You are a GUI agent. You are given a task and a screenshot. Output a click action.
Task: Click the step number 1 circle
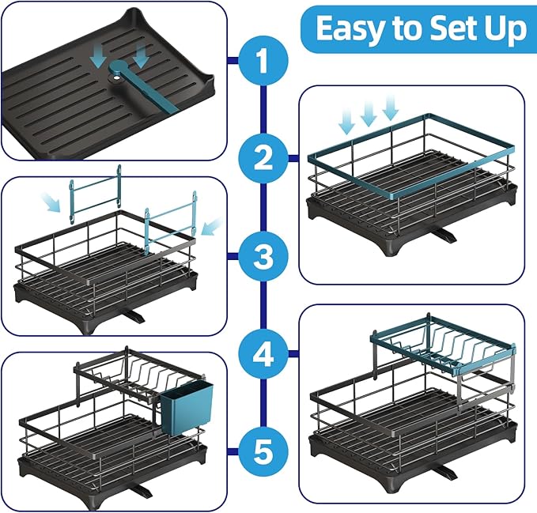pos(263,61)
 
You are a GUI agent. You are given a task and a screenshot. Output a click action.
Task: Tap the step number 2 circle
pos(263,158)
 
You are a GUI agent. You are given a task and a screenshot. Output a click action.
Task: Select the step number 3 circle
pos(263,257)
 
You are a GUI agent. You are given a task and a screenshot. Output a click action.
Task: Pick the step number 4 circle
pos(263,354)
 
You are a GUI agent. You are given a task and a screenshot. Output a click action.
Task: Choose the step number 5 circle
pos(263,451)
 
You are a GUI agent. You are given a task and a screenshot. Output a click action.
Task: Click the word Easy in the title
pos(352,29)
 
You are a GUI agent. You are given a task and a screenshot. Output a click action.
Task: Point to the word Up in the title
pos(508,31)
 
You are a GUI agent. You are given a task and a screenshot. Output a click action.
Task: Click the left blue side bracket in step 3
pos(95,194)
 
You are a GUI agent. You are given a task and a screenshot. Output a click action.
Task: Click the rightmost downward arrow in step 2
pos(391,108)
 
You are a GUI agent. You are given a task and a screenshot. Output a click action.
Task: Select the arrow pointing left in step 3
pos(212,226)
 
